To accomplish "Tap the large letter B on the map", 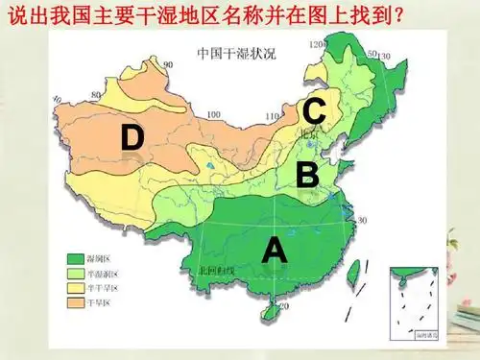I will tap(307, 175).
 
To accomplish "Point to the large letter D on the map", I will tap(132, 138).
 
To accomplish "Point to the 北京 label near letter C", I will tap(308, 135).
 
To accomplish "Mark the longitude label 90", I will tap(167, 64).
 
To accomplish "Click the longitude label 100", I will tap(213, 114).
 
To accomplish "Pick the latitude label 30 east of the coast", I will tap(362, 220).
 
